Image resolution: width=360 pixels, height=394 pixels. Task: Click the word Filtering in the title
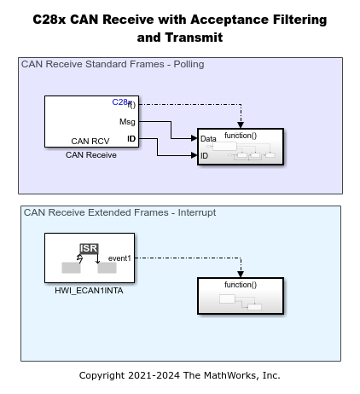[x=299, y=20]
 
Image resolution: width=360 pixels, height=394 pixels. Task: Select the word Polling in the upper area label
[x=189, y=64]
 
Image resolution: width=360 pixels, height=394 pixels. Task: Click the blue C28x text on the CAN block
[x=122, y=101]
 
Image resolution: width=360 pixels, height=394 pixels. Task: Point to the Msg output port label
[x=127, y=122]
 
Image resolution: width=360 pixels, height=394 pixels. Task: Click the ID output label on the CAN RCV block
[x=131, y=139]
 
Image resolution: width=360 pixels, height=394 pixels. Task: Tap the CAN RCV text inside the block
[x=90, y=142]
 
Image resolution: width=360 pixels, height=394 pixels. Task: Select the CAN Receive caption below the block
[x=91, y=155]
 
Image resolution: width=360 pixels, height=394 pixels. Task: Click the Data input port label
[x=208, y=139]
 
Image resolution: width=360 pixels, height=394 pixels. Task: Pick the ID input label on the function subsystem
[x=204, y=156]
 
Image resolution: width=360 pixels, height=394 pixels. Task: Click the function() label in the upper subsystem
[x=241, y=136]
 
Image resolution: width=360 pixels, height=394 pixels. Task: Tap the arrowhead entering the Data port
[x=195, y=138]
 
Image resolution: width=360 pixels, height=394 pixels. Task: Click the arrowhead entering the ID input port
[x=195, y=155]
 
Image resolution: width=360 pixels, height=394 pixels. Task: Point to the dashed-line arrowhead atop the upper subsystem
[x=241, y=125]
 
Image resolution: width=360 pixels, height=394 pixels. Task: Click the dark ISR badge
[x=89, y=248]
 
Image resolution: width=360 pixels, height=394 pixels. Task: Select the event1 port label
[x=119, y=258]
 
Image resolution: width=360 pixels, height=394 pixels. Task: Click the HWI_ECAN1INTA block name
[x=89, y=291]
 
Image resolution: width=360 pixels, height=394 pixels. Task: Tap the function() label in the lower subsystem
[x=241, y=285]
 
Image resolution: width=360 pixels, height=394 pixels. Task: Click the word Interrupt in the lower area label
[x=197, y=212]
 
